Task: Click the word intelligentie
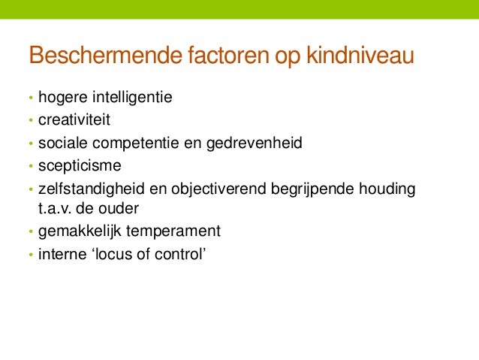point(132,98)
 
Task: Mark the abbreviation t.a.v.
point(53,208)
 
